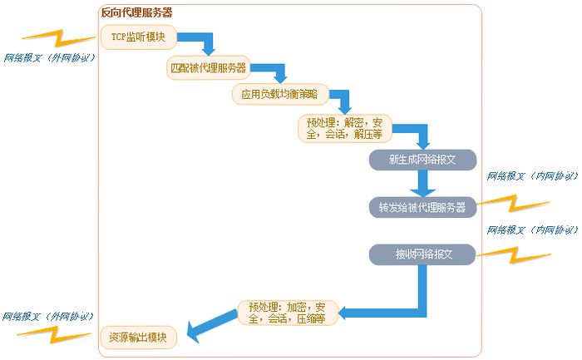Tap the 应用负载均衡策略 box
(x=280, y=95)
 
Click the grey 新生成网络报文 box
(x=422, y=159)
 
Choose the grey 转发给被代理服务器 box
(x=422, y=206)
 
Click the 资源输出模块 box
(x=139, y=338)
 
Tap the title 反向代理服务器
(x=136, y=12)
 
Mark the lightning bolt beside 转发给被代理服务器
(x=515, y=202)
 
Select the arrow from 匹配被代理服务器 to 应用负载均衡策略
(x=275, y=70)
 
